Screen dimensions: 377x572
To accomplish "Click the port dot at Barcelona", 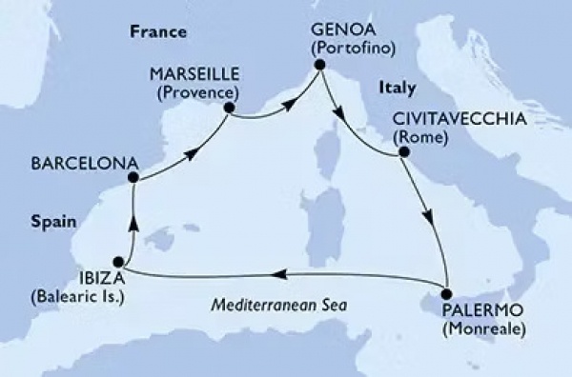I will point(134,177).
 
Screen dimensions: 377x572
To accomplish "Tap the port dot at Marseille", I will point(229,108).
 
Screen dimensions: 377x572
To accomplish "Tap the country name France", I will point(156,32).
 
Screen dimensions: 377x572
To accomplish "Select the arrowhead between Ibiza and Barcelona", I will point(131,225).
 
